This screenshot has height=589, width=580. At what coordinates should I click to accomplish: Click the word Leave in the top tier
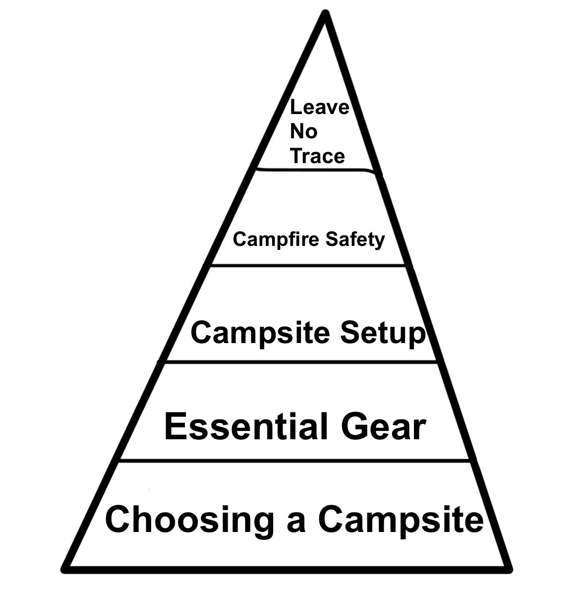click(x=319, y=107)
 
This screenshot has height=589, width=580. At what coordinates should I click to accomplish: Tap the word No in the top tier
click(x=303, y=132)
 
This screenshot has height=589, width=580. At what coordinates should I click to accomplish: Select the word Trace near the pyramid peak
click(x=317, y=156)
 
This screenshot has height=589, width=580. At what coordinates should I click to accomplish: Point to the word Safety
click(x=355, y=240)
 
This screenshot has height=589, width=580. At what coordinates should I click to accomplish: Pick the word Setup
click(x=382, y=333)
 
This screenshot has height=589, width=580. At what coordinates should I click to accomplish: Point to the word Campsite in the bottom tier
click(x=401, y=520)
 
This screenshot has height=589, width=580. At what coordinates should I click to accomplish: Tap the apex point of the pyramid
click(x=325, y=14)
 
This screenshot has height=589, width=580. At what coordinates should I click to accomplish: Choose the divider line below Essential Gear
click(x=294, y=461)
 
